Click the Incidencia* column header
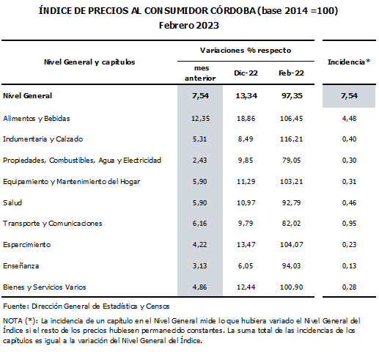(349, 62)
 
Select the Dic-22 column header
(246, 73)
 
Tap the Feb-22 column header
(291, 73)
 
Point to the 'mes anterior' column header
(200, 73)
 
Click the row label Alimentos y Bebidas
(37, 119)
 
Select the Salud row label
(12, 202)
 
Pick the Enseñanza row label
(21, 265)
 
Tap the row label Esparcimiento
(27, 245)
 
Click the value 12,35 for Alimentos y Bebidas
(200, 119)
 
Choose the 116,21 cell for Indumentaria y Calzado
(291, 139)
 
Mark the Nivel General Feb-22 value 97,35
(292, 95)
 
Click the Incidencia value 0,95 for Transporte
(349, 223)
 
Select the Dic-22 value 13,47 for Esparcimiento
(246, 244)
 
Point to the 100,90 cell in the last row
(291, 287)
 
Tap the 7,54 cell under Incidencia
(349, 95)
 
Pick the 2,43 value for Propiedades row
(199, 160)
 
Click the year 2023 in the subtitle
(207, 26)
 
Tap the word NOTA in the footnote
(13, 320)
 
